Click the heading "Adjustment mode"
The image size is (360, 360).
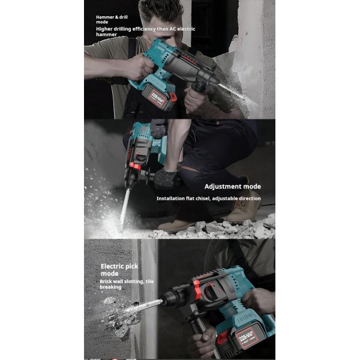tap(232, 187)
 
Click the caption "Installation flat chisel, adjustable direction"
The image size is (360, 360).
tap(208, 198)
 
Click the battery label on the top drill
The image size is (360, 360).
tap(157, 97)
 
